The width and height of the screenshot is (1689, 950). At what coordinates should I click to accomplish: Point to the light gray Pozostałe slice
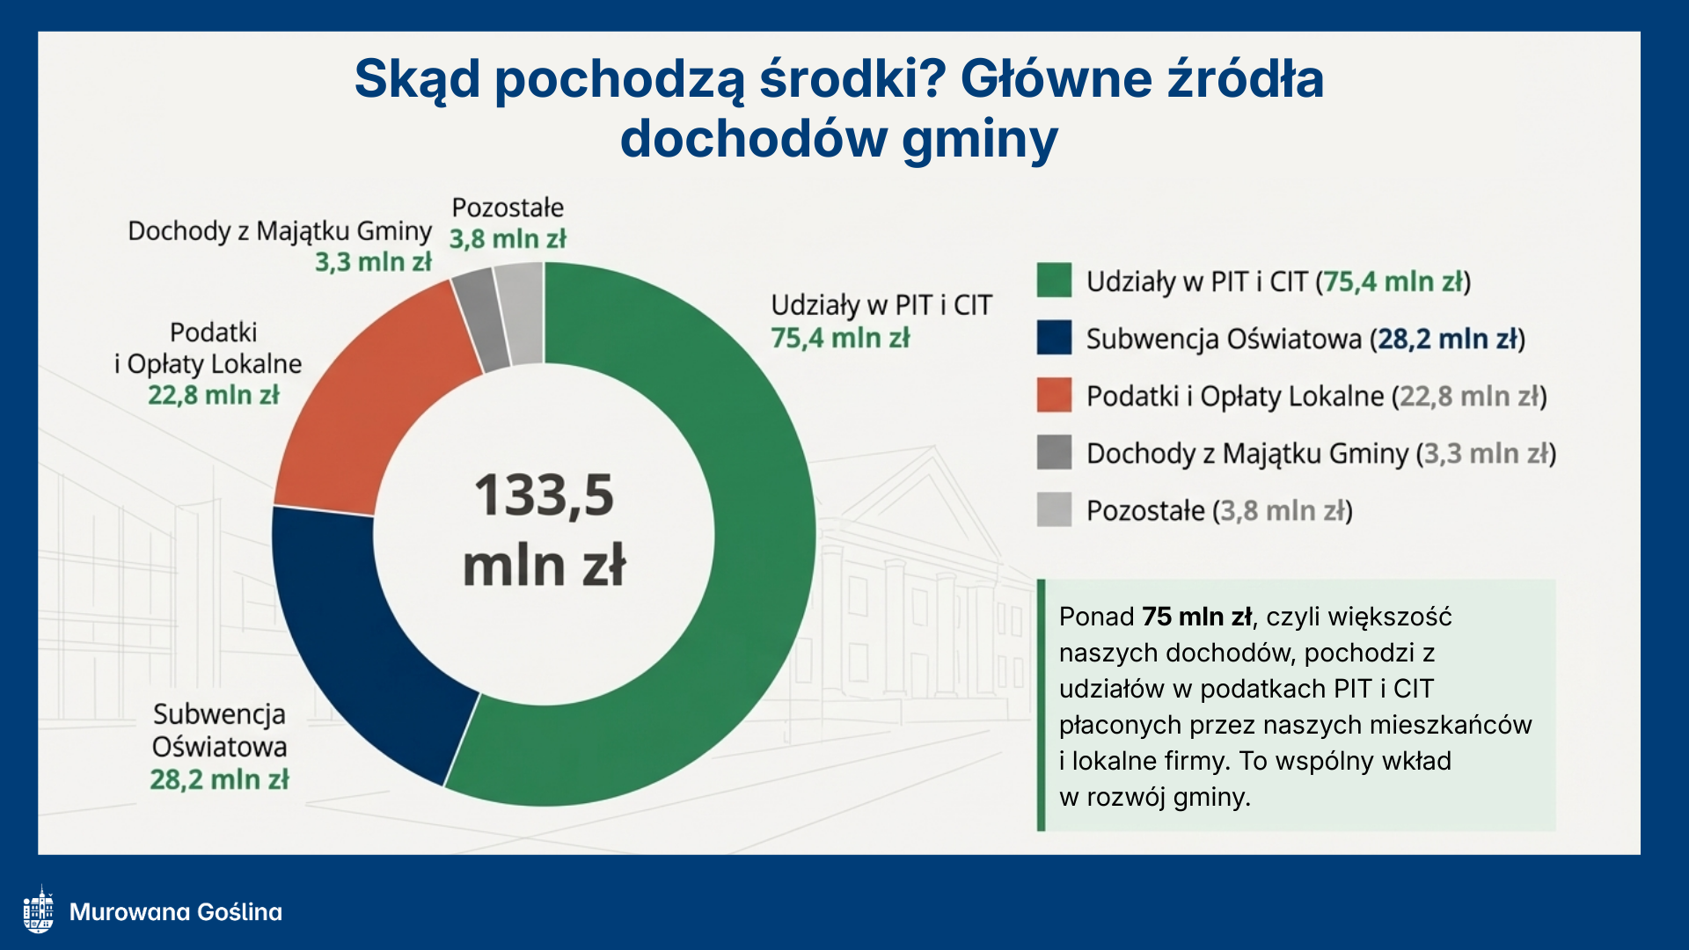tap(521, 313)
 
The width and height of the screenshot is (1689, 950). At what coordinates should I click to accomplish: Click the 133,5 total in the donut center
tap(545, 495)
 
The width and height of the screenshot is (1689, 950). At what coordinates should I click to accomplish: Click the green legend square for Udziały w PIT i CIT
tap(1054, 281)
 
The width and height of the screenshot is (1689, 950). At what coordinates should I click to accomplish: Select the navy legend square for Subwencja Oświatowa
tap(1054, 338)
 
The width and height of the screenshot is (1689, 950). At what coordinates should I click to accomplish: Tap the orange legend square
tap(1054, 395)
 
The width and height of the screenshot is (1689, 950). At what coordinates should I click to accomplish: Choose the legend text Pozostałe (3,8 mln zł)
tap(1219, 510)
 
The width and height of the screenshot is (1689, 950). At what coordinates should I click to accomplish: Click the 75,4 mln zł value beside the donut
tap(840, 338)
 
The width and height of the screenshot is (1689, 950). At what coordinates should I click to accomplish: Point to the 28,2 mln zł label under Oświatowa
tap(219, 779)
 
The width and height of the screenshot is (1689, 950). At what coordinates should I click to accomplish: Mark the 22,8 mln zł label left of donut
tap(214, 395)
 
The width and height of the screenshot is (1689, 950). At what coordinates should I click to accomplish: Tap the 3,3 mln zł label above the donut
tap(374, 261)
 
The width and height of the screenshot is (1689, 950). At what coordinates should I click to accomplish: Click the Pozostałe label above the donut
tap(508, 208)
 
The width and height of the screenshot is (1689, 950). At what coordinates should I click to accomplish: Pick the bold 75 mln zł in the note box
tap(1197, 617)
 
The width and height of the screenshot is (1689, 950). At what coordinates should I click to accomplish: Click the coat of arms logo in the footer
tap(39, 910)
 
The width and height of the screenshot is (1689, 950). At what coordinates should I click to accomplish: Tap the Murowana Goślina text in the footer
tap(176, 911)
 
